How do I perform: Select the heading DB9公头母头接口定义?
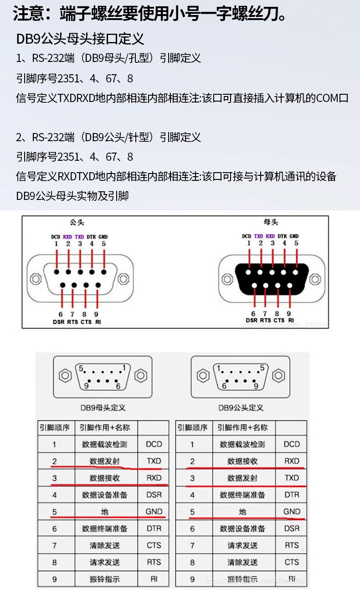coord(80,39)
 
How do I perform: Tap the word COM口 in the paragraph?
coord(332,98)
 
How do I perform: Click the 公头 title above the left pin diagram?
coord(77,223)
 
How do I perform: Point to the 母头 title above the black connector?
coord(271,222)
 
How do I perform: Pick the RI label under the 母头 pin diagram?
coord(290,320)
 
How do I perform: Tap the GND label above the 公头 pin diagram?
coord(103,236)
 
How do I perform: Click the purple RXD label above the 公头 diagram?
coord(68,236)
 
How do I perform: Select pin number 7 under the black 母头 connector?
coord(265,313)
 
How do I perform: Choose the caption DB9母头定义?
coord(103,407)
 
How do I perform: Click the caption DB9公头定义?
coord(241,407)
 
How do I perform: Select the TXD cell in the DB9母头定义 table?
coord(154,461)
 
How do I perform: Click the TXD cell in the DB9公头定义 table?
coord(292,478)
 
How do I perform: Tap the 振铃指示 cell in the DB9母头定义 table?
coord(105,579)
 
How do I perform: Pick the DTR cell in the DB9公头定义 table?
coord(292,495)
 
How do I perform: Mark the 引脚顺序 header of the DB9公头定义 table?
coord(192,427)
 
